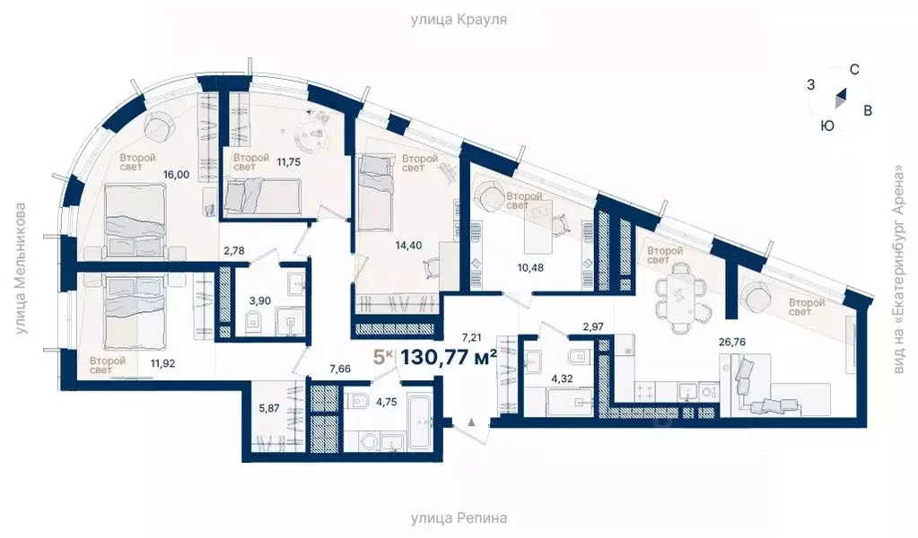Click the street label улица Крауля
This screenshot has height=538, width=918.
459,19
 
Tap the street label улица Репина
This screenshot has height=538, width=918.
459,518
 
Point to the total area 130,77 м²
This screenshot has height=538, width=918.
449,356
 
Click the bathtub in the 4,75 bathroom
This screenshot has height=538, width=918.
418,422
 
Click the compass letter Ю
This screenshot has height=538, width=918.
827,126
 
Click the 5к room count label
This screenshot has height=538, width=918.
383,356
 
